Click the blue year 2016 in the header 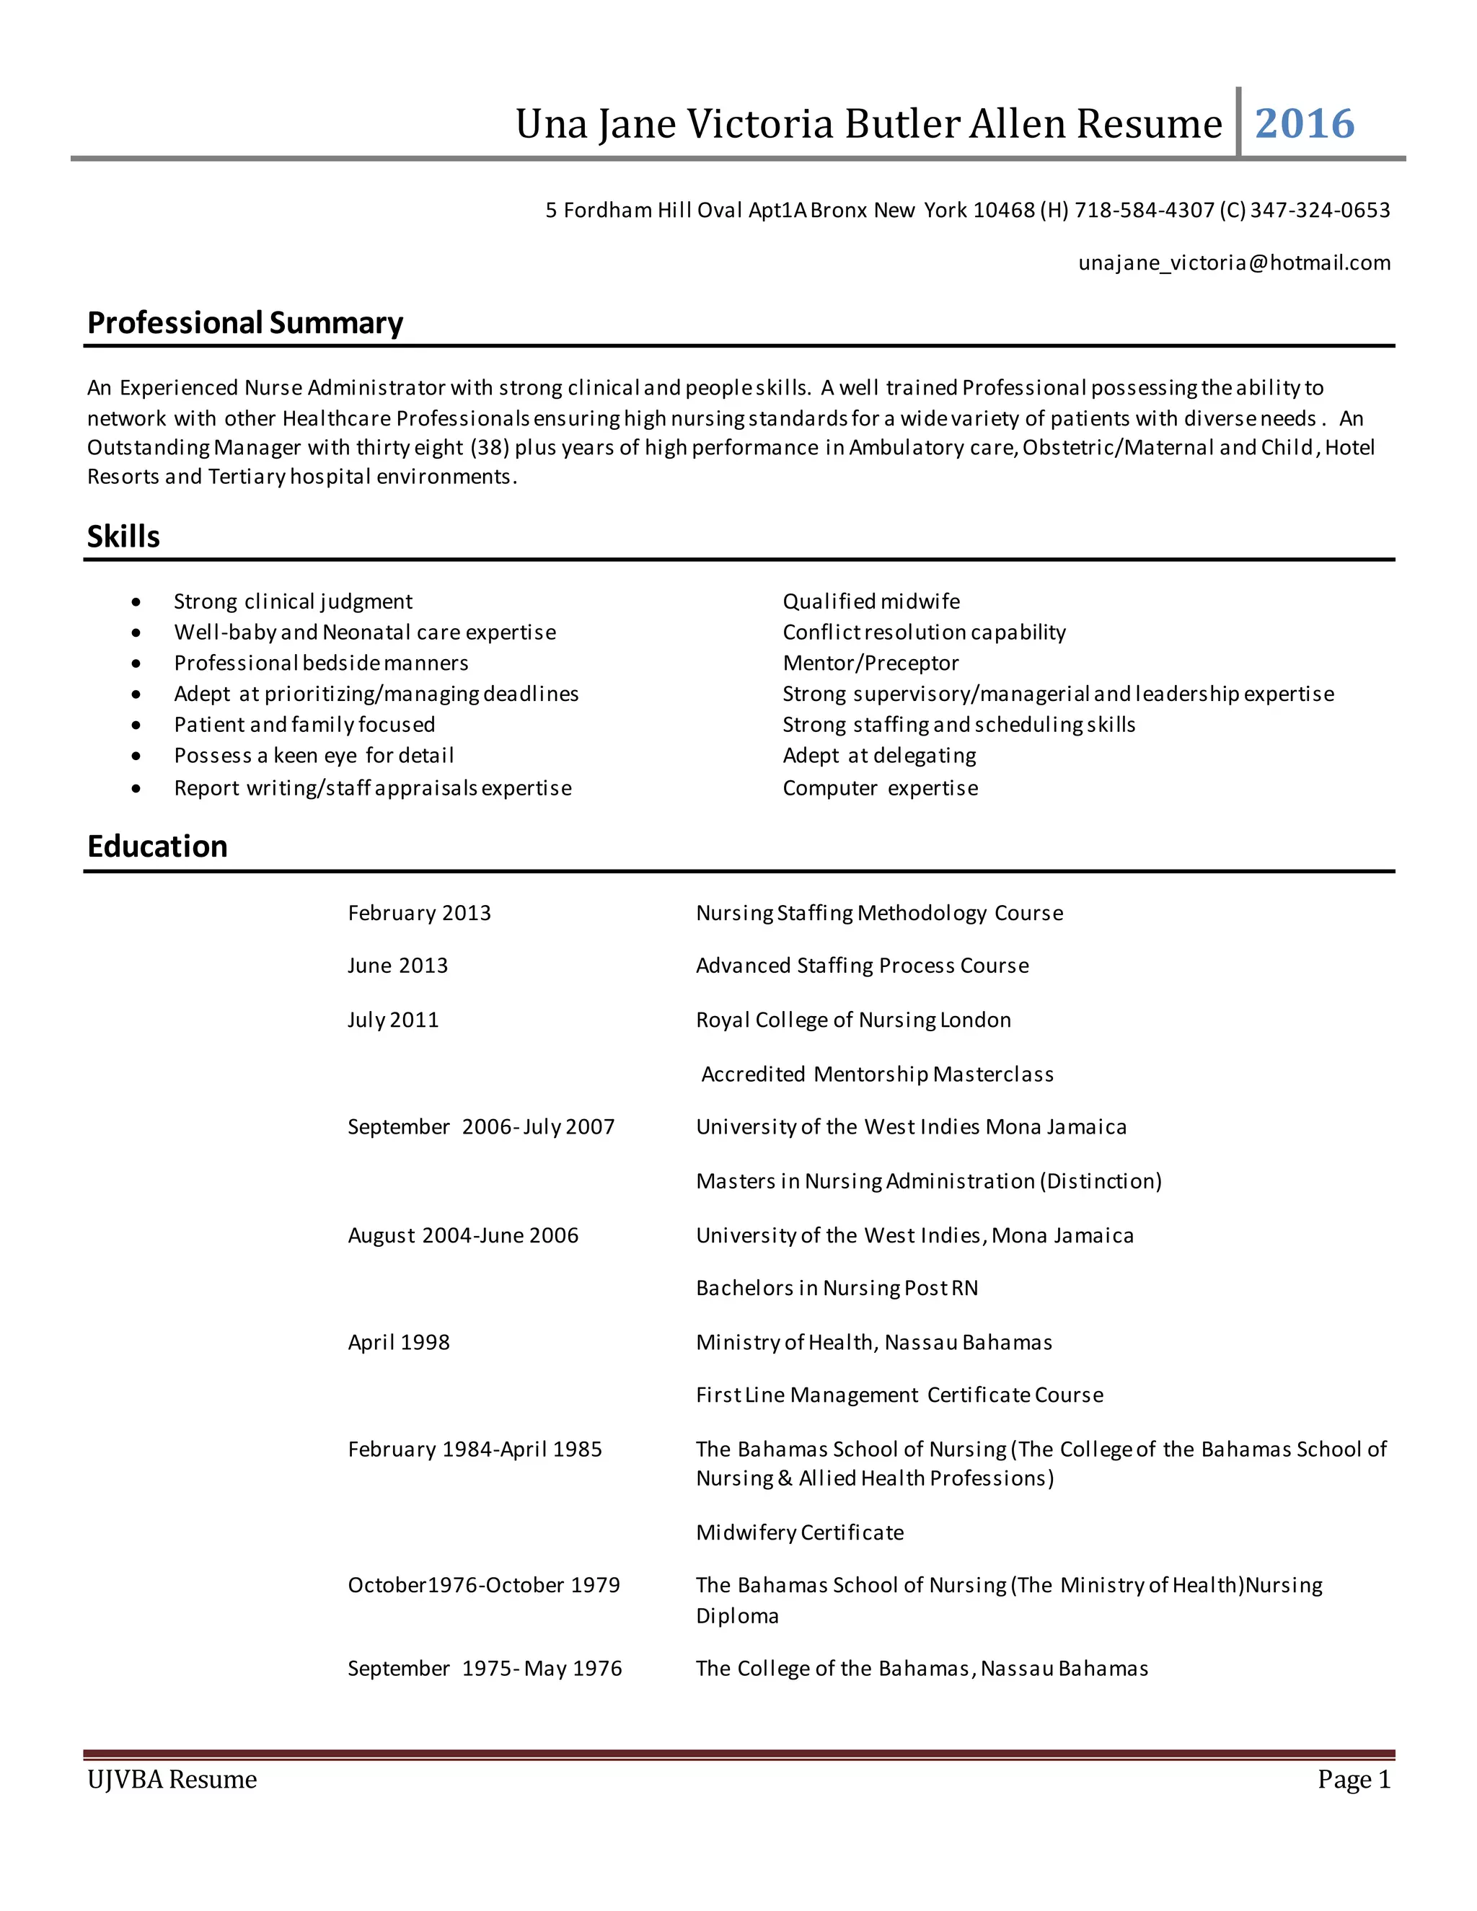point(1305,123)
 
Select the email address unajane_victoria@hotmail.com point(1234,262)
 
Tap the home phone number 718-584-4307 point(1144,210)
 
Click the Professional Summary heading point(245,323)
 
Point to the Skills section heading point(123,537)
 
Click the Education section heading point(157,846)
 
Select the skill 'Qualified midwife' point(870,601)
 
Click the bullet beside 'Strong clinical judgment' point(136,602)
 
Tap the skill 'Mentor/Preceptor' point(870,663)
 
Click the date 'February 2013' point(419,913)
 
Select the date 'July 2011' point(393,1020)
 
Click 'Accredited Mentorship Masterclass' point(878,1074)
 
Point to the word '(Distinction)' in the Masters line point(1101,1180)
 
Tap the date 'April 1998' point(398,1342)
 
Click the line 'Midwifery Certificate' point(800,1532)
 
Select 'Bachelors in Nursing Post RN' point(837,1288)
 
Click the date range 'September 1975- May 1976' point(485,1669)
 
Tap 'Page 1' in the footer point(1354,1780)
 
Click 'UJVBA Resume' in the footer point(172,1780)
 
